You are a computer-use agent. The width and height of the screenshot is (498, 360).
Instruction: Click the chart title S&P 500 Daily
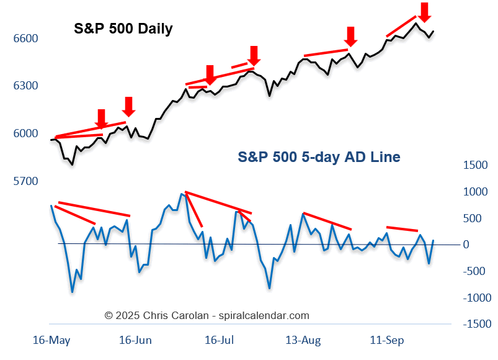tap(123, 29)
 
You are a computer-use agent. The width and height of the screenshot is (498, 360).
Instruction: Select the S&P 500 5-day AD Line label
tap(319, 157)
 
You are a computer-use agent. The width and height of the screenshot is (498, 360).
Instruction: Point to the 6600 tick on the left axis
tap(25, 38)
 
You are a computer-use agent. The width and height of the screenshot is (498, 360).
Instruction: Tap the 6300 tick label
tap(25, 86)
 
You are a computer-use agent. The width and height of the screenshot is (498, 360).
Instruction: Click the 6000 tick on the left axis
tap(25, 133)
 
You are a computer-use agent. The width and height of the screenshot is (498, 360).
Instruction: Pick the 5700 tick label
tap(25, 181)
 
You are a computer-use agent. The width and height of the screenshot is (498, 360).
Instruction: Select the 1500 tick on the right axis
tap(476, 165)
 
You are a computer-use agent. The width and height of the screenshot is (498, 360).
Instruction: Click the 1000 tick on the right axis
tap(476, 192)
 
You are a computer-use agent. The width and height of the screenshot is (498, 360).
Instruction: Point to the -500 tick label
tap(473, 271)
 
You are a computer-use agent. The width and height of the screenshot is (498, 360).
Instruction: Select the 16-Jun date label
tap(135, 341)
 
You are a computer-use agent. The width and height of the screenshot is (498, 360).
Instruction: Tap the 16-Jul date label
tap(218, 341)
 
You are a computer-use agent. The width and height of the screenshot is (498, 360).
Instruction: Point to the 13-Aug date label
tap(303, 341)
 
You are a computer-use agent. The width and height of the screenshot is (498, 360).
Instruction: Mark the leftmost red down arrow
tap(101, 118)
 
